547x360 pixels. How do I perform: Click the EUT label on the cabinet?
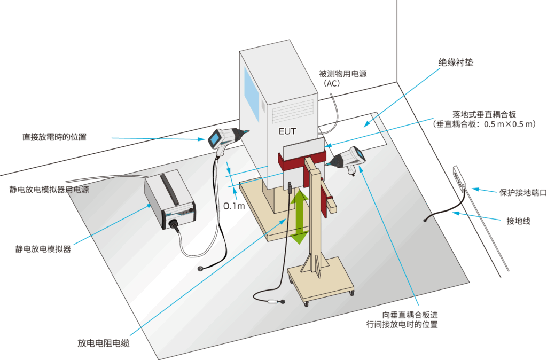(x=287, y=131)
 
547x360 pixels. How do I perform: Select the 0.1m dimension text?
(x=233, y=206)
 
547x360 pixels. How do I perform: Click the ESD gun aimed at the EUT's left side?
(x=226, y=138)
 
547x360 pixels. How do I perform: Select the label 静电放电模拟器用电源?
(x=49, y=190)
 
